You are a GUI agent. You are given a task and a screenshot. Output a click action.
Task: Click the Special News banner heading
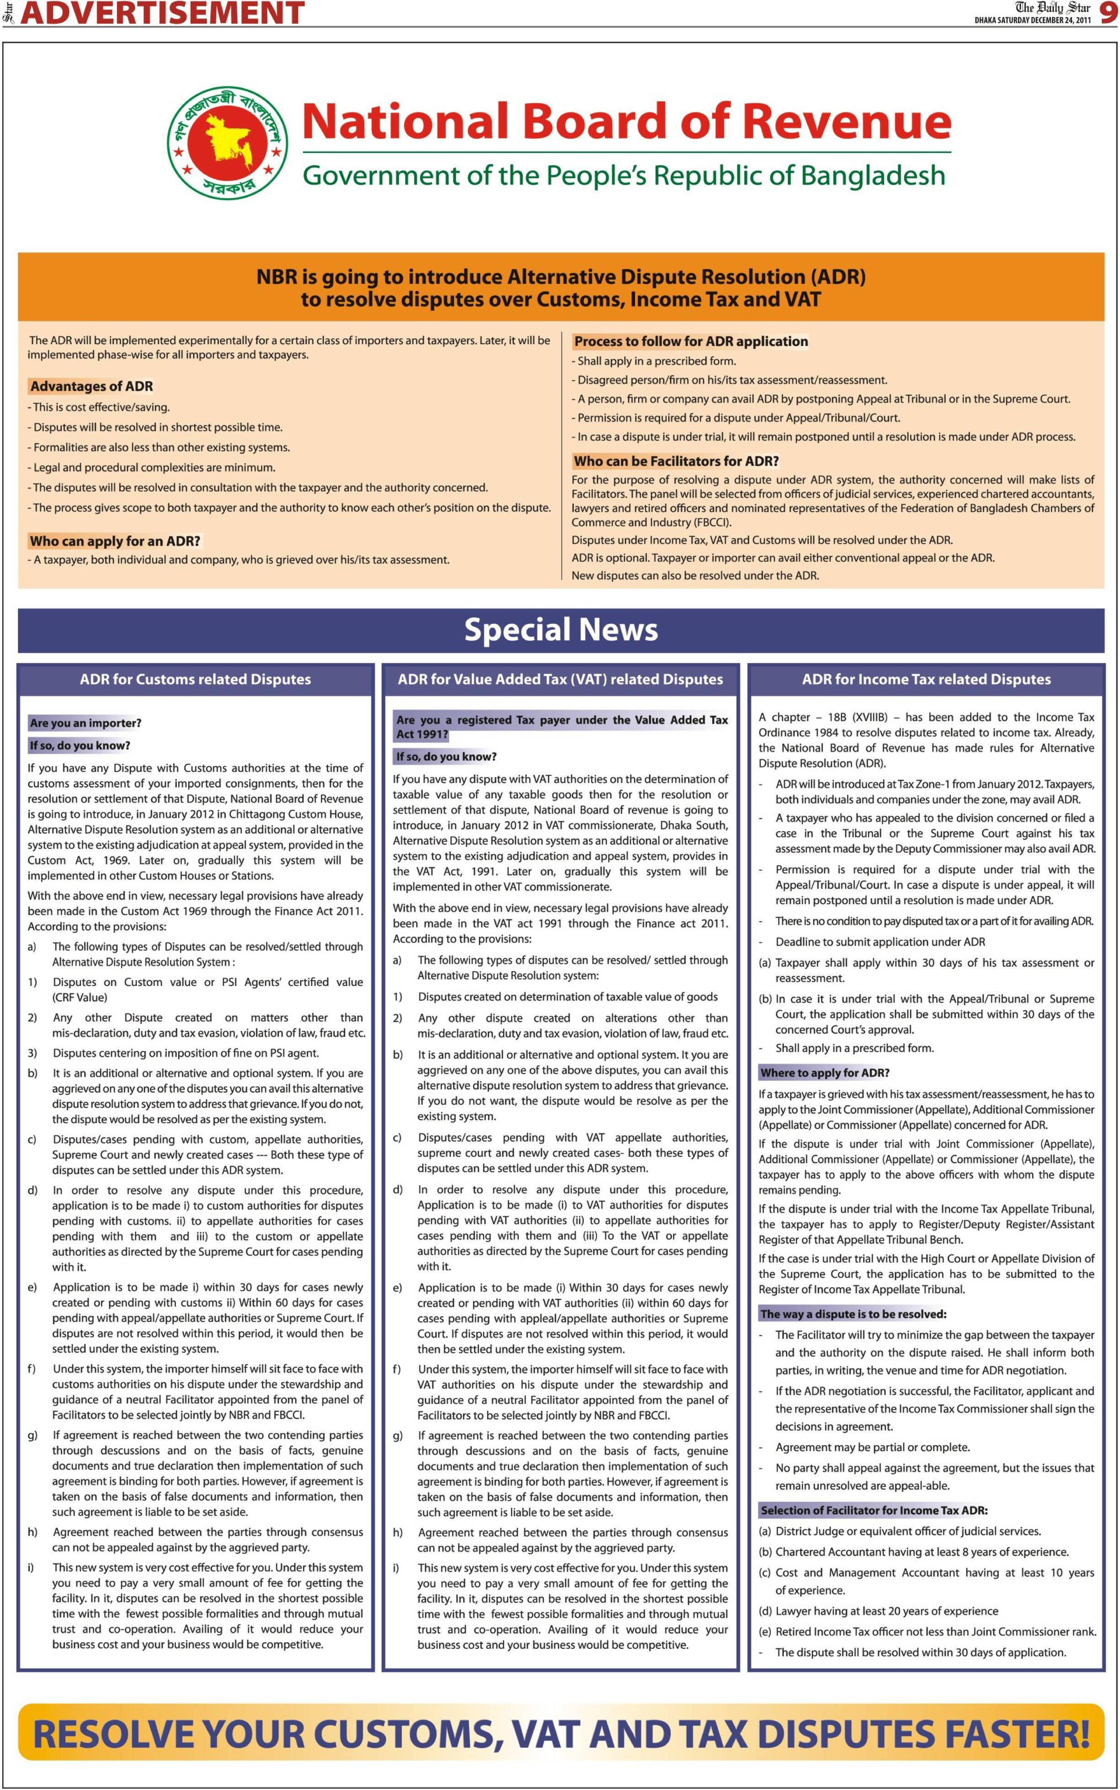click(561, 630)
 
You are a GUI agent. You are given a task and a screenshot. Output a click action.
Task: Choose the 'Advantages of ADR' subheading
click(91, 386)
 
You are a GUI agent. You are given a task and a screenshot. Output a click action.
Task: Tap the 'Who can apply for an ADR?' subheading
click(115, 541)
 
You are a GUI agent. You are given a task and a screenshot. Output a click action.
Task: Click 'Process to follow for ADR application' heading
click(690, 341)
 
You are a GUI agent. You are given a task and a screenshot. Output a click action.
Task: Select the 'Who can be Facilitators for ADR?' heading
click(675, 461)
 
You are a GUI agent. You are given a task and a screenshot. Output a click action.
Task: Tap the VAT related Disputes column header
click(560, 679)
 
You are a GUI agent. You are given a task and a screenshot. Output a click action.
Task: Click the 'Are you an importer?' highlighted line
click(85, 723)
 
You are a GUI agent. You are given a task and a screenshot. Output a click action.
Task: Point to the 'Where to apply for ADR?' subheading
click(824, 1073)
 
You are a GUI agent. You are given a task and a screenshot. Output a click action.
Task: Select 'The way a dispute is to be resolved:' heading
click(853, 1314)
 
